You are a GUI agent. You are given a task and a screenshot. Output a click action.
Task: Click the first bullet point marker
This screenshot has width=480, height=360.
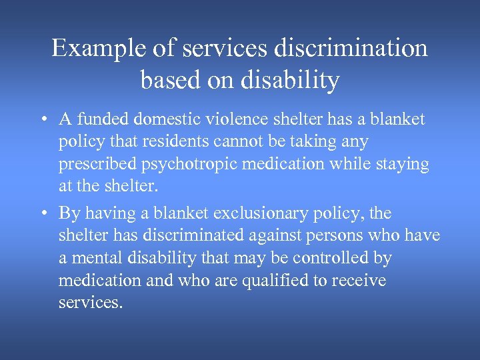pyautogui.click(x=42, y=120)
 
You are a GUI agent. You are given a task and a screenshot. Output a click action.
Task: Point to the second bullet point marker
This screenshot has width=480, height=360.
pyautogui.click(x=42, y=213)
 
